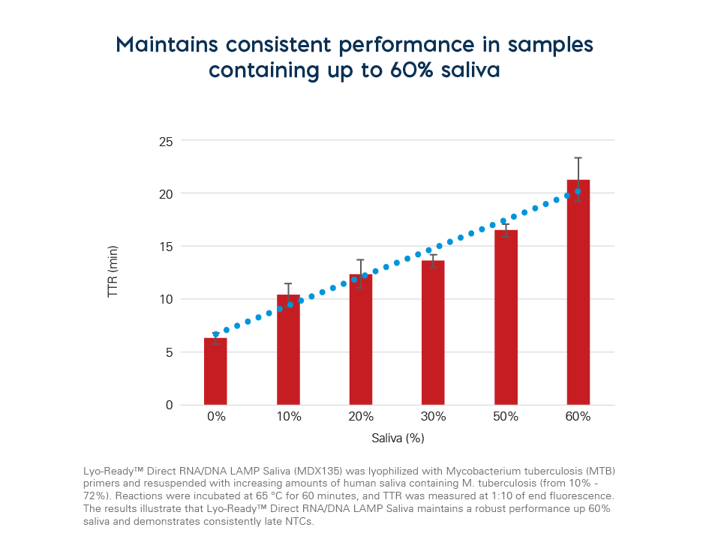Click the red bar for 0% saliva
coord(215,372)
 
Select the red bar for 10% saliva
coord(288,350)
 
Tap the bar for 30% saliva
coord(434,333)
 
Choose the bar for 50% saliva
coord(506,318)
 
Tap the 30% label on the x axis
coord(434,416)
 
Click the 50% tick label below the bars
coord(506,416)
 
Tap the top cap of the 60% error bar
coord(578,158)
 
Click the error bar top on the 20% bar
coord(361,260)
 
